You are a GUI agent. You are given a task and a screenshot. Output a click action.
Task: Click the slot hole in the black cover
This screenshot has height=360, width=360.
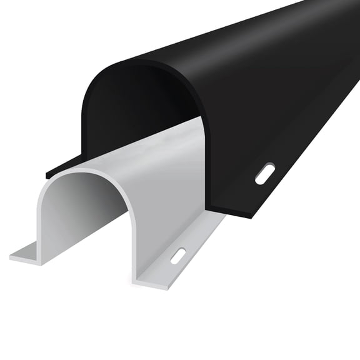point(264,173)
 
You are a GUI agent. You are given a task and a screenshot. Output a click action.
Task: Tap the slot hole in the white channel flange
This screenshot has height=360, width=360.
point(178,256)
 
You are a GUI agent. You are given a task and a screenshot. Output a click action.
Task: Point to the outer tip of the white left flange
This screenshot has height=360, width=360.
point(12,256)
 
